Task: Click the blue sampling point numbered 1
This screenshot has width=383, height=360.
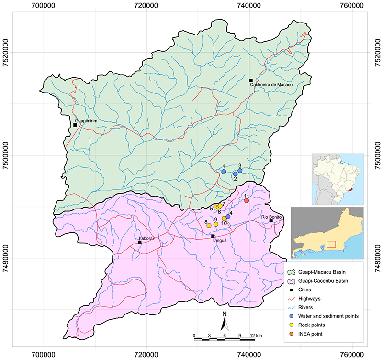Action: point(224,172)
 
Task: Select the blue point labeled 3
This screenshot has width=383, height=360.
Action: point(240,171)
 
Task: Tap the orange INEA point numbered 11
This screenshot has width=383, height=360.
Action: point(247,201)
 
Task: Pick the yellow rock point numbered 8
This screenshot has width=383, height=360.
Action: point(209,225)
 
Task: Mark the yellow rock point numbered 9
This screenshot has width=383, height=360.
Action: point(216,224)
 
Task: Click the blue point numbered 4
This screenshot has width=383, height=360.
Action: point(228,217)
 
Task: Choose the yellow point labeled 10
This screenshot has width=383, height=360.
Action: point(224,219)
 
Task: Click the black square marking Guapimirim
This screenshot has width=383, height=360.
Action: point(75,125)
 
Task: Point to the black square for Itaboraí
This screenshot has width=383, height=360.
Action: point(140,243)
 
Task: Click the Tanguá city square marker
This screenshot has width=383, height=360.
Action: point(213,236)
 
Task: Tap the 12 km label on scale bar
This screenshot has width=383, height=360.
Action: point(256,335)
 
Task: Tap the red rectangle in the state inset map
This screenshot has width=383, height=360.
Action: point(331,244)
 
